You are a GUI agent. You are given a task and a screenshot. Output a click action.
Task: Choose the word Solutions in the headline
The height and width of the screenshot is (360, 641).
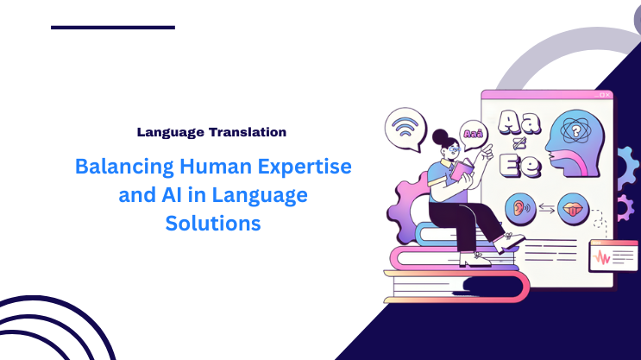coord(212,223)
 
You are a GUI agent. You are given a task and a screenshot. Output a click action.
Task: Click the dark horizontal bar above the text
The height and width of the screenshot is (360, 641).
coord(113,28)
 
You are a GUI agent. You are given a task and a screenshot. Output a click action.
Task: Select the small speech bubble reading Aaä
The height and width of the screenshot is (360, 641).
coord(473,134)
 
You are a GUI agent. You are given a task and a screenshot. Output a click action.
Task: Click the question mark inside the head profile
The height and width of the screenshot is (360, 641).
coord(570,131)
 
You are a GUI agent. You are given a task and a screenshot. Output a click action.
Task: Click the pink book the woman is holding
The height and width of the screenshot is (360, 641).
coord(462,168)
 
